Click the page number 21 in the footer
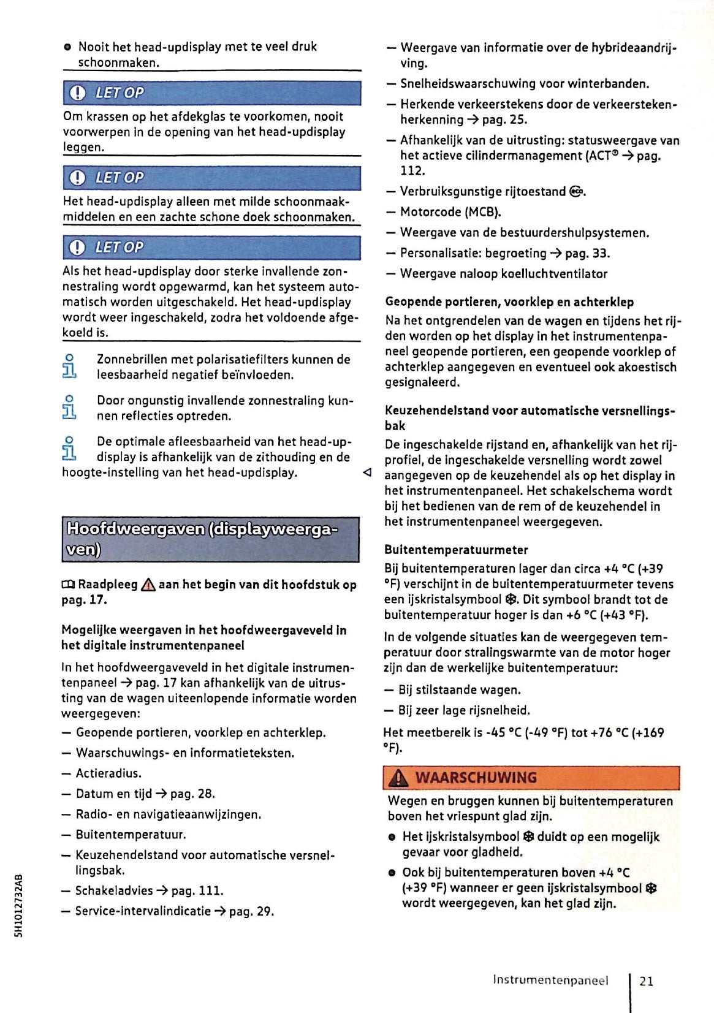click(x=646, y=981)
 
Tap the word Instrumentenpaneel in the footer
click(x=550, y=980)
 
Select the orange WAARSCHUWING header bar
click(x=531, y=778)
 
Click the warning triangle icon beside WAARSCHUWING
click(x=399, y=778)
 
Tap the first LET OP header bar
click(x=211, y=93)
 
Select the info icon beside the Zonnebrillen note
click(x=69, y=366)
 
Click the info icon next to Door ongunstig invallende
click(x=69, y=408)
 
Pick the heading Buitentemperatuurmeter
click(x=455, y=550)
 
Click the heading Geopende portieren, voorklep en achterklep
click(x=509, y=302)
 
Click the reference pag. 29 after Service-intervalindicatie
click(x=251, y=911)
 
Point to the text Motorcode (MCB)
click(x=450, y=212)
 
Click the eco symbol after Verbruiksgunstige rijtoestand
click(x=575, y=192)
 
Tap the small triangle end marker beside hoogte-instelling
click(x=366, y=472)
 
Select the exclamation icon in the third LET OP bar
click(x=77, y=248)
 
